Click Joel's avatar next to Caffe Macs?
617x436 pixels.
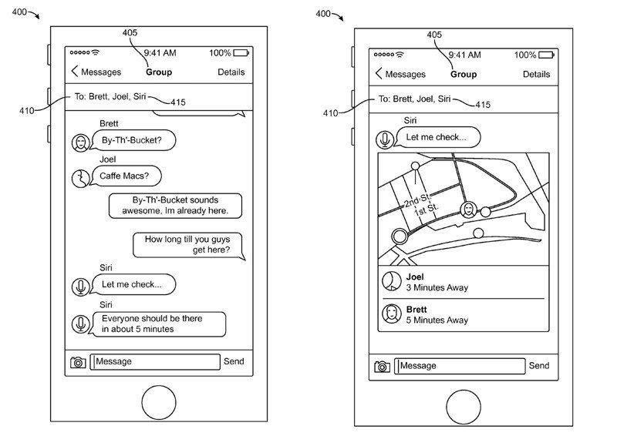80,178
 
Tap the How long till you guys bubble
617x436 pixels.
187,244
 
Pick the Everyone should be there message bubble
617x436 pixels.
159,324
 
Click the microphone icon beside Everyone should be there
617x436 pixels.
80,324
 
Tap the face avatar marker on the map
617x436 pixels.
468,210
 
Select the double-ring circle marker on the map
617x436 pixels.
400,236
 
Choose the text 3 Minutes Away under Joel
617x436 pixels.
437,288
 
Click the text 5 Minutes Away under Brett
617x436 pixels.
437,320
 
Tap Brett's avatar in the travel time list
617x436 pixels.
392,314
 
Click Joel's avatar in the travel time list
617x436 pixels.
392,282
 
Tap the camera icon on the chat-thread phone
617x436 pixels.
77,362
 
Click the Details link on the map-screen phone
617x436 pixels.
536,75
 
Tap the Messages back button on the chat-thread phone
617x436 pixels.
96,72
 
